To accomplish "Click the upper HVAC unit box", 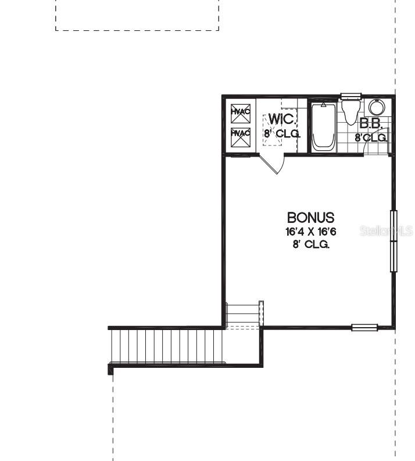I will tap(240, 111).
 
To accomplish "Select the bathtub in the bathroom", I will tap(323, 126).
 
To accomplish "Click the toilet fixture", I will tap(349, 112).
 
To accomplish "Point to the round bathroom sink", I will tap(377, 108).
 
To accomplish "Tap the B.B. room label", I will tap(370, 123).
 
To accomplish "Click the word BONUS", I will tap(311, 218).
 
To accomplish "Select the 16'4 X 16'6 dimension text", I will tap(311, 232).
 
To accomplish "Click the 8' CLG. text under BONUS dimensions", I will tap(311, 244).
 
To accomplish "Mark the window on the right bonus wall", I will tap(393, 241).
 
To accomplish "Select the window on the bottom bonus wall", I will tap(364, 327).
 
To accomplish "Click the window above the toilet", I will tap(350, 96).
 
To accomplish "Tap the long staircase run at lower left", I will tap(167, 346).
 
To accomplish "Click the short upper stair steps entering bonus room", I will tap(244, 315).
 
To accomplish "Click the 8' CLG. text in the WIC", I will tap(282, 133).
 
